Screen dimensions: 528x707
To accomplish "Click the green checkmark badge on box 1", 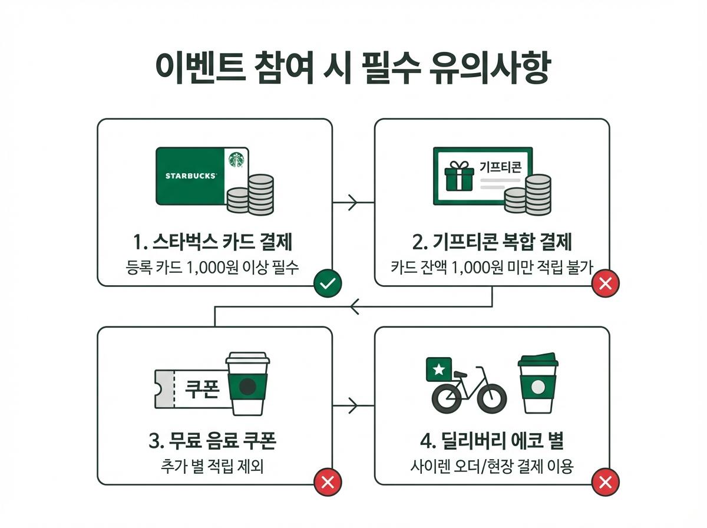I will pos(328,285).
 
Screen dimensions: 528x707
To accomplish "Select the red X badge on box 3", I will pos(328,483).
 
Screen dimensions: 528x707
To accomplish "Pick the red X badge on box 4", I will pos(605,483).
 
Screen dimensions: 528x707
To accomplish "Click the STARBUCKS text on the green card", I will pos(190,176).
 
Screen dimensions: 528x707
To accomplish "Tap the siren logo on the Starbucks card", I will pos(237,159).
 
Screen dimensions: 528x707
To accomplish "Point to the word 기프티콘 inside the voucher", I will pos(500,169).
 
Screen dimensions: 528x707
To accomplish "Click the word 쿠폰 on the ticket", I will pos(202,390).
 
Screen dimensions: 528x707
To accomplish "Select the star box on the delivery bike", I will pos(439,369).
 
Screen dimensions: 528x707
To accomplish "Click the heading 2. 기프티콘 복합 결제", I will pos(492,242).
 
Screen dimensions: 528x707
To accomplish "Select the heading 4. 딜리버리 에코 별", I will pos(492,441).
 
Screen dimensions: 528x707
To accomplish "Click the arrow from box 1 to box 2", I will pos(352,203).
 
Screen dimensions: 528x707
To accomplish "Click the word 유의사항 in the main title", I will pos(488,70).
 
